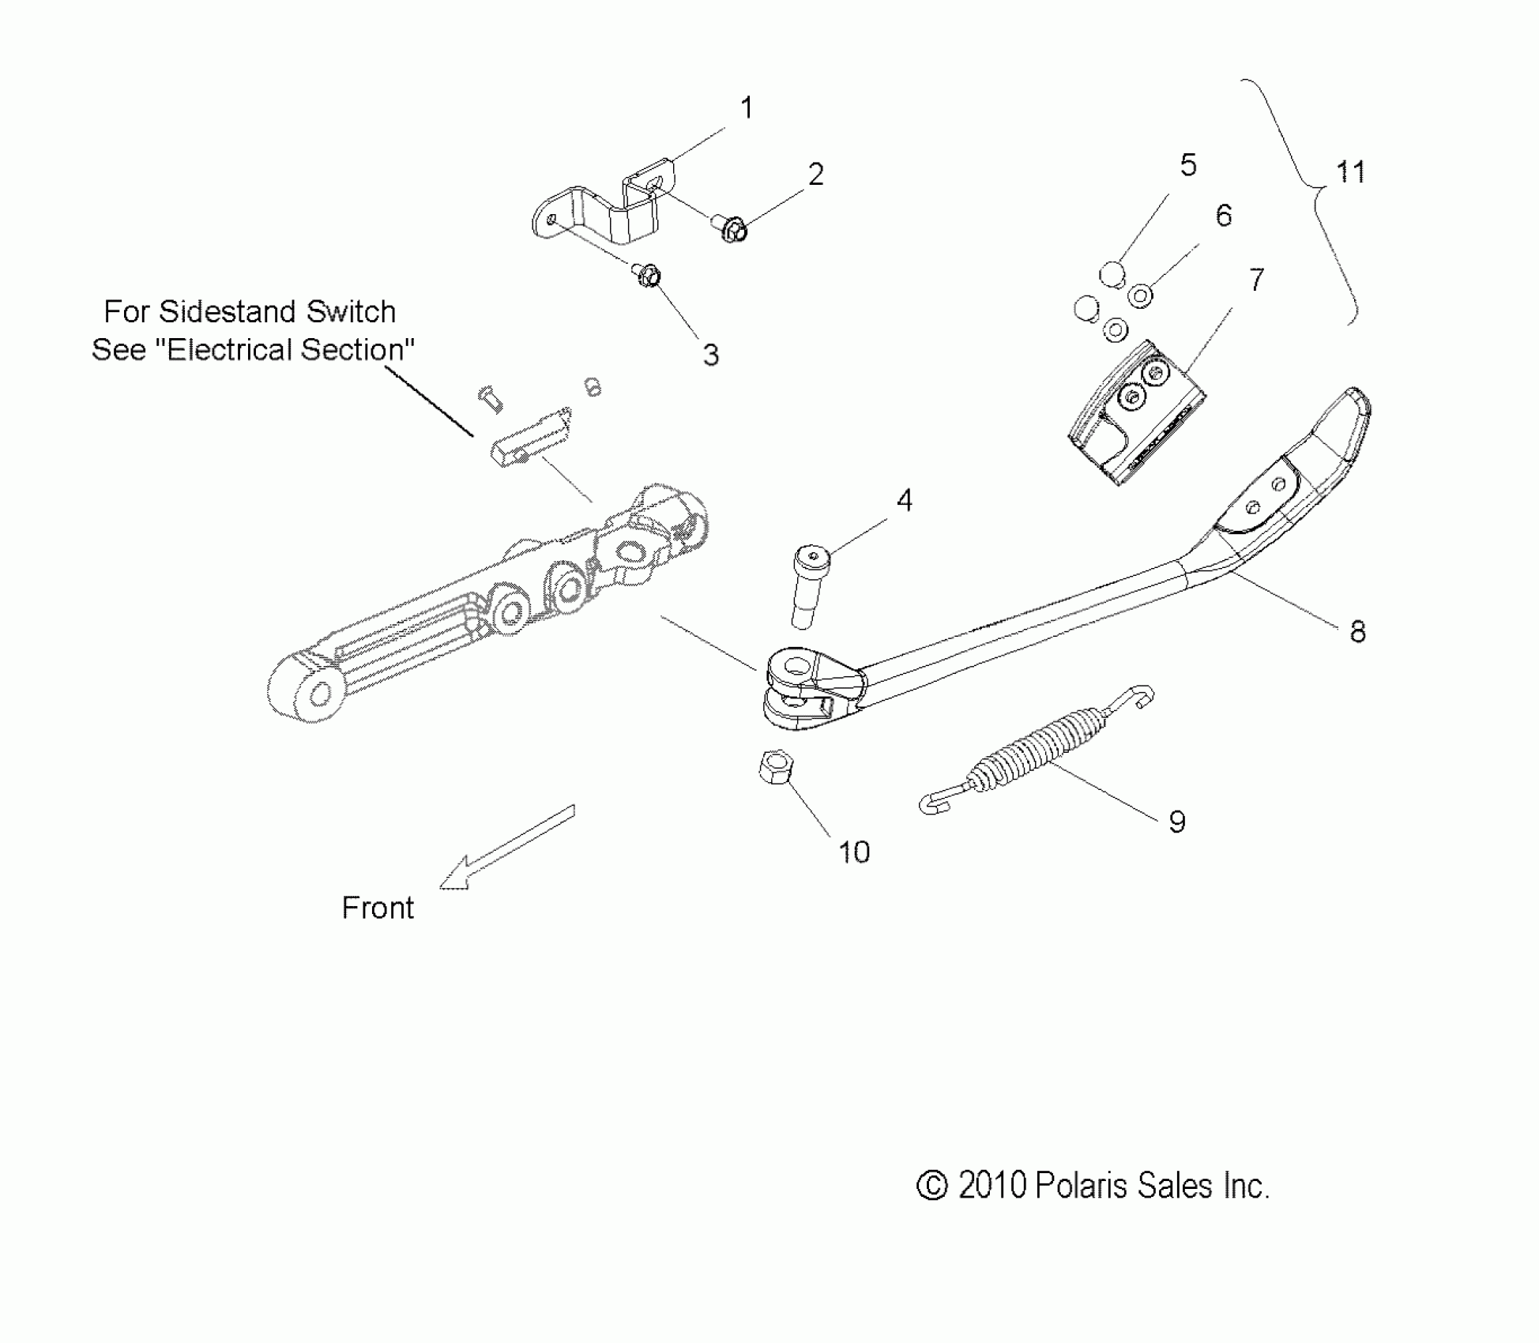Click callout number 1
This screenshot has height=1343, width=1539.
(746, 107)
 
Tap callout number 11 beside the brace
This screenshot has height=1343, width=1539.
(1350, 172)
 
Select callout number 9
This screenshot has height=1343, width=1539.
(1177, 822)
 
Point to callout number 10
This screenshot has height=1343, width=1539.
(854, 852)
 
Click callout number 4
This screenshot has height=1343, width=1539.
(905, 500)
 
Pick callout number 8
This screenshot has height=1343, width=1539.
(1357, 632)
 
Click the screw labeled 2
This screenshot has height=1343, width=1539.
(732, 228)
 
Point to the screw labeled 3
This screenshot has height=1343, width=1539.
(647, 276)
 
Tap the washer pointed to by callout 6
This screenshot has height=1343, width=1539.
(1139, 296)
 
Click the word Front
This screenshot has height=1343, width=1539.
(378, 908)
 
